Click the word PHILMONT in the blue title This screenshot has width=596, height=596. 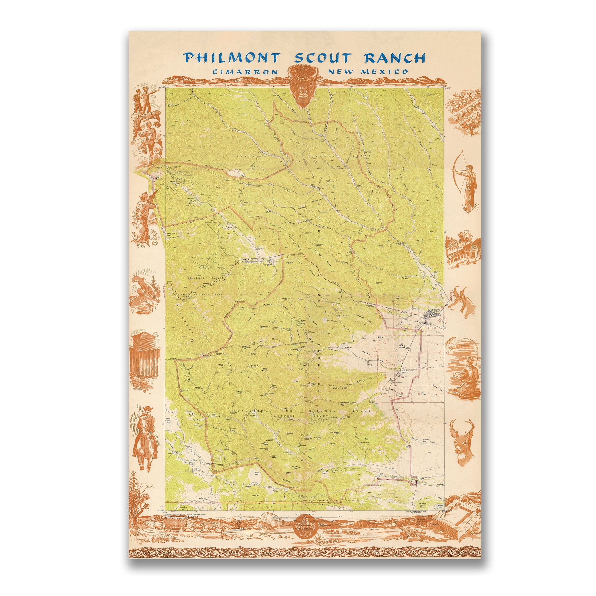coord(231,58)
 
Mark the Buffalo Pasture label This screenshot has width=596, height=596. coord(402,347)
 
